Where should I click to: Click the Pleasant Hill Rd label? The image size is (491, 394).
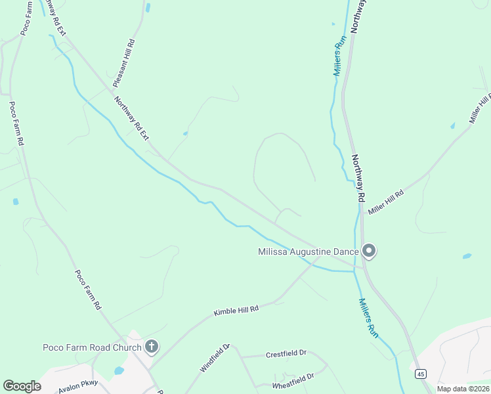[x=123, y=63]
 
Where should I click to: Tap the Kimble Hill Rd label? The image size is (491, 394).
[x=236, y=311]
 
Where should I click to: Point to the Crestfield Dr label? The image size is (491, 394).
[x=286, y=353]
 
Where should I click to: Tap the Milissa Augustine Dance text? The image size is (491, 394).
[x=309, y=252]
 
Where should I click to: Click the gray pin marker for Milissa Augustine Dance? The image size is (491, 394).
[x=369, y=251]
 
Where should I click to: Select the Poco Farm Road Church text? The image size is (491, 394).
[x=92, y=347]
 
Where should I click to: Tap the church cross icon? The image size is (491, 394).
[x=152, y=347]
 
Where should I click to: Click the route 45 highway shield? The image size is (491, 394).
[x=421, y=374]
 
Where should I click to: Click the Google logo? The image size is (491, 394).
[x=22, y=386]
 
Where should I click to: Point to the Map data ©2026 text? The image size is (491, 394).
[x=463, y=389]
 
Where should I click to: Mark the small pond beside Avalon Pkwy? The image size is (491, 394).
[x=119, y=371]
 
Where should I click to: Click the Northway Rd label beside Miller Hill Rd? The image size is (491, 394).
[x=358, y=178]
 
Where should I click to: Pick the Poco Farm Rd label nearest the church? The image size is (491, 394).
[x=87, y=290]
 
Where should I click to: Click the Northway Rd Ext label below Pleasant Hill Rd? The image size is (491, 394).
[x=132, y=118]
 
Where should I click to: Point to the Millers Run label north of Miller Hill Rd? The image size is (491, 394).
[x=339, y=59]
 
